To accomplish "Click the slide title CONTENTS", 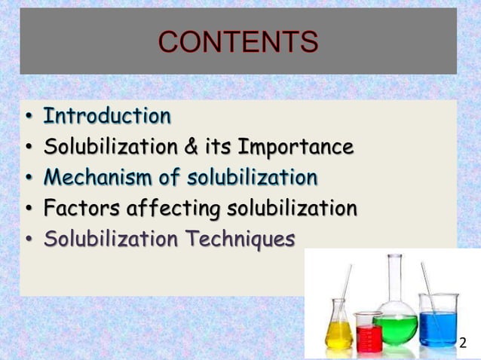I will pos(238,43).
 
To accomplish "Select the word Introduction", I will pos(107,117).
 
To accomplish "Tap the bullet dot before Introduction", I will pos(28,118).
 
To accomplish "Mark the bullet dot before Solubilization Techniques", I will pos(28,240).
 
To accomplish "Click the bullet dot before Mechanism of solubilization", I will pos(28,178).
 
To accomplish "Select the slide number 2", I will pos(463,343).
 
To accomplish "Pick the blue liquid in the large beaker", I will pos(439,329).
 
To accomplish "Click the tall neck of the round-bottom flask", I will pos(395,279).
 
